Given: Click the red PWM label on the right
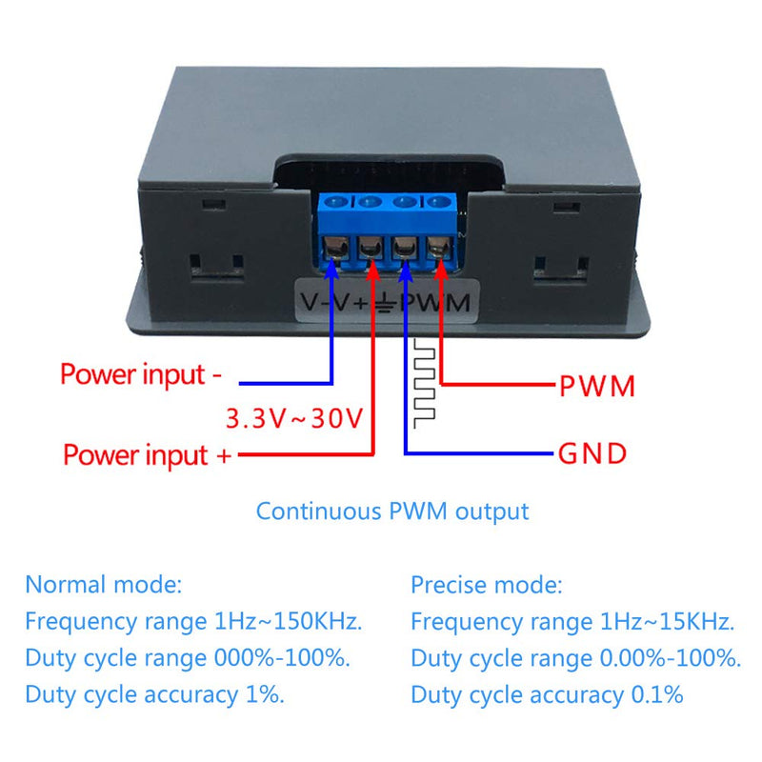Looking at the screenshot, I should coord(596,387).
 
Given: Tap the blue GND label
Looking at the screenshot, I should coord(592,453).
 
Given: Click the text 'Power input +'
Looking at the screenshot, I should coord(148,454).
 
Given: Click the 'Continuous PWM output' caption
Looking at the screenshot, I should coord(392,511).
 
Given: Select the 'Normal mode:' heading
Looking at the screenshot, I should coord(103,584).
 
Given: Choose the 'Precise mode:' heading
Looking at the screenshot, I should coord(487,584).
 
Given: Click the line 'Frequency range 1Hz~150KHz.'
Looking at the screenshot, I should coord(193,622).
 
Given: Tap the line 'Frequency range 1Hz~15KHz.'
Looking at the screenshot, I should coord(572,622).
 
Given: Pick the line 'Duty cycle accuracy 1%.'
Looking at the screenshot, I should coord(155,694).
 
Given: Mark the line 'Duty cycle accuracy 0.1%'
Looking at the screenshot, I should coord(547,694).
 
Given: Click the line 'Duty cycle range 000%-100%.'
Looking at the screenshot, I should coord(188,658).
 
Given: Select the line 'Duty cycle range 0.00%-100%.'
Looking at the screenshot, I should coord(576,658).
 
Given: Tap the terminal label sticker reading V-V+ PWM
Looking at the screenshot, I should coord(386,304).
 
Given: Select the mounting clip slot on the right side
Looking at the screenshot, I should coord(560,258).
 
